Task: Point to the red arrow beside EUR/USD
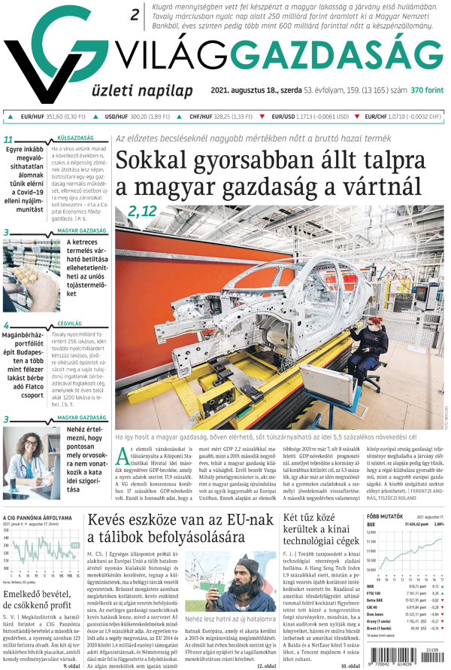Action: click(262, 117)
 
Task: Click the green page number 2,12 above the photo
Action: click(142, 212)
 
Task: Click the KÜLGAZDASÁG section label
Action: click(74, 139)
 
